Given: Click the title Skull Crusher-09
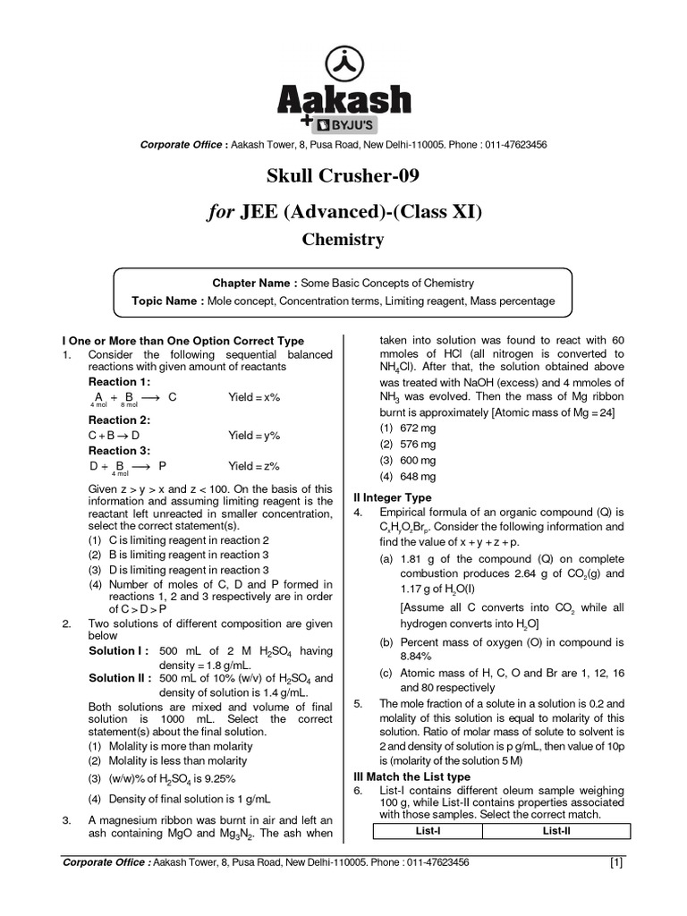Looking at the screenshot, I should tap(343, 174).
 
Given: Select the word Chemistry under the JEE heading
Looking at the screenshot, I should tap(343, 239).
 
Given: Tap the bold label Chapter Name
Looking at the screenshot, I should tap(254, 283).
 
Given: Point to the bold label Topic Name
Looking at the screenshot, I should tap(167, 301).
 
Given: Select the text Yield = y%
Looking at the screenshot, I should tap(254, 436).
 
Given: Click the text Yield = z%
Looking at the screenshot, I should tap(254, 466).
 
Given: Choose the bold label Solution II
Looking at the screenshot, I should tap(122, 678).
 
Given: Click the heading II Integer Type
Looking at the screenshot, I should tap(394, 497).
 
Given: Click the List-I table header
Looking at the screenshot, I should tap(428, 831).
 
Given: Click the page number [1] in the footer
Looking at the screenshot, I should tap(616, 863).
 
